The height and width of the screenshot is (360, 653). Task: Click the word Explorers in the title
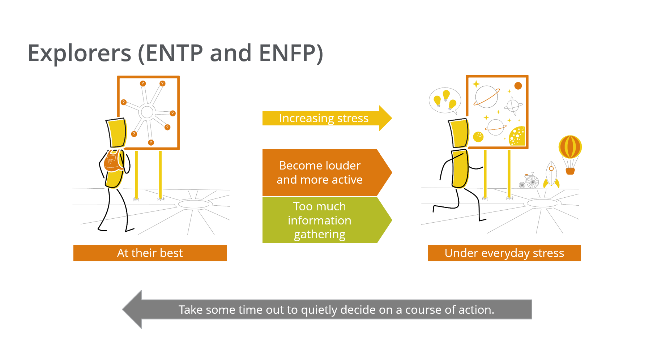(80, 53)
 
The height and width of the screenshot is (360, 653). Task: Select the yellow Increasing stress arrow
(327, 118)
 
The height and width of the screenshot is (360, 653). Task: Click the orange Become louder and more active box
(327, 172)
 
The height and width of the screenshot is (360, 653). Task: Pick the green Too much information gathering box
(327, 220)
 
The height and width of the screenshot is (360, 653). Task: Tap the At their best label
(150, 253)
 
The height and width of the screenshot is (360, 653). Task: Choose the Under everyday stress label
(504, 253)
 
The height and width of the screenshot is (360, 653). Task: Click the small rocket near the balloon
(551, 175)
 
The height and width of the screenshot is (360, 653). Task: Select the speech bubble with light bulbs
(445, 101)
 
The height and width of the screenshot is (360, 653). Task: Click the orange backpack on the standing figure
(114, 161)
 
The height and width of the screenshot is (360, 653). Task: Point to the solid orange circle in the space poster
(518, 86)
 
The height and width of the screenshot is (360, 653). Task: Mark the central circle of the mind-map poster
(147, 112)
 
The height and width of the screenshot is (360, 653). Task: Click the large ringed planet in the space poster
(486, 97)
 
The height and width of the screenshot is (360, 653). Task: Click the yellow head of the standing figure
(116, 132)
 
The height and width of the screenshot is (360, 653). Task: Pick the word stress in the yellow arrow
(353, 118)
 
